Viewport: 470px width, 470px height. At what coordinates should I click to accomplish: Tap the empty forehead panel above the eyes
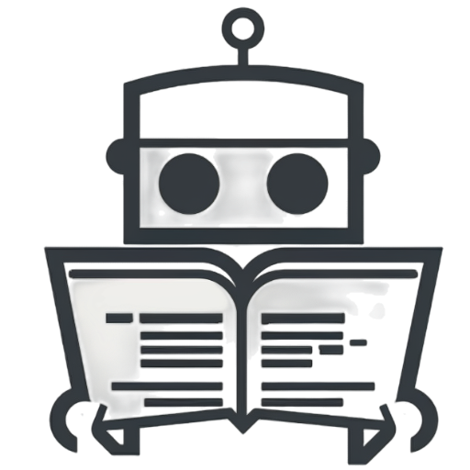coord(242,115)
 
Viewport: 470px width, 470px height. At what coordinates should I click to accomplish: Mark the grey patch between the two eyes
coord(242,178)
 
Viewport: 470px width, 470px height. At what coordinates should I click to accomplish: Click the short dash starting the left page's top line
coord(119,318)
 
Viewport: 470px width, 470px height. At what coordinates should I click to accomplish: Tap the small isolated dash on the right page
coord(359,342)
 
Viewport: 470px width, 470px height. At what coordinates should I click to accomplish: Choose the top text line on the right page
coord(303,318)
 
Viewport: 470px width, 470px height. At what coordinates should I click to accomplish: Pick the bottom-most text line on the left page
coord(184,401)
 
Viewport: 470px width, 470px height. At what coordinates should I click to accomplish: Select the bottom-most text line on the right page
coord(303,401)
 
